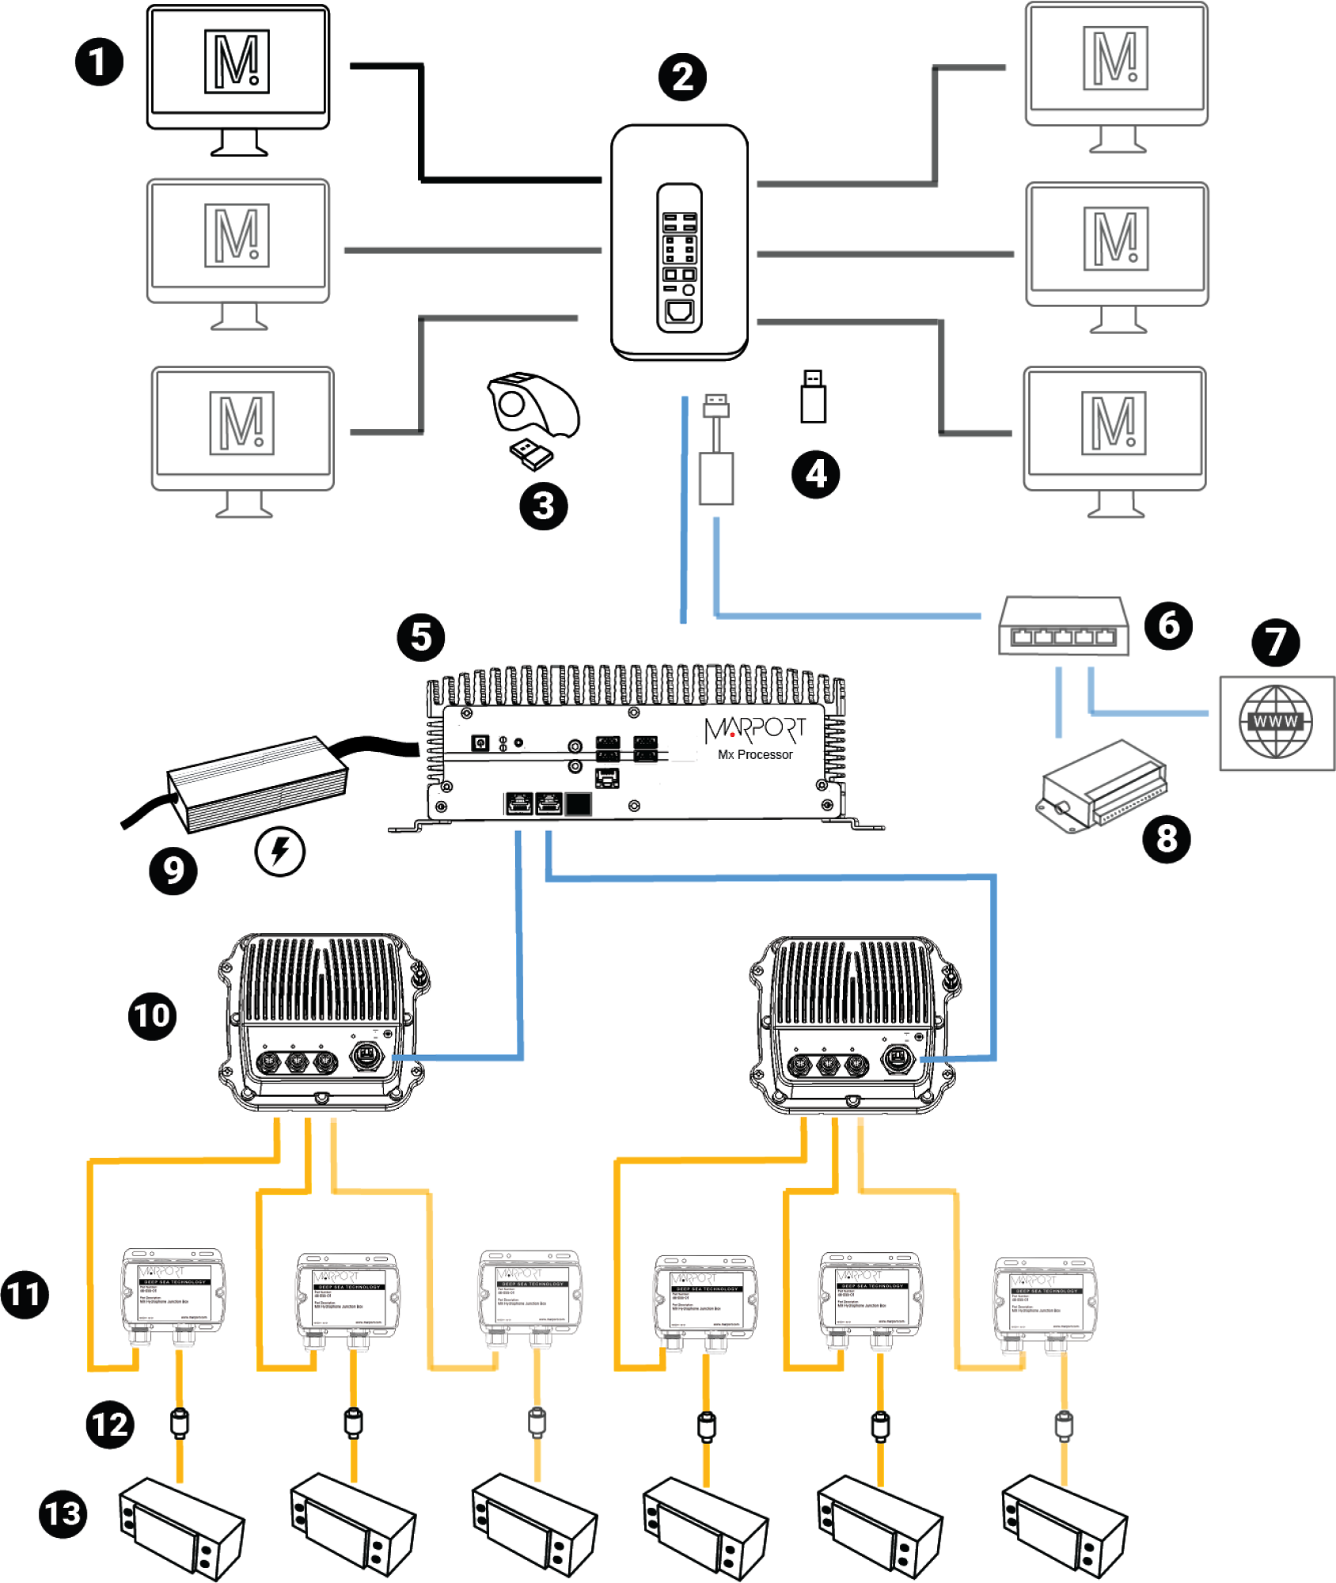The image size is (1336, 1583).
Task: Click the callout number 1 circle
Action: tap(99, 62)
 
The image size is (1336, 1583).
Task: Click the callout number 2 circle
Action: tap(682, 77)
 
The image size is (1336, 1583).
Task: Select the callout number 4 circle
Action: tap(815, 474)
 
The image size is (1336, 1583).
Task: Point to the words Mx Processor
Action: tap(755, 755)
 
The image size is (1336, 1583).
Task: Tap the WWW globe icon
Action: tap(1275, 722)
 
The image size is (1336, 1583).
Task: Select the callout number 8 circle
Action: tap(1167, 838)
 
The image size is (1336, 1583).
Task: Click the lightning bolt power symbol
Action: tap(279, 852)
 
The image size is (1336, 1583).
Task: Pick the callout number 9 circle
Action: tap(173, 871)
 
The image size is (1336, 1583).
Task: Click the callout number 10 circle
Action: tap(152, 1015)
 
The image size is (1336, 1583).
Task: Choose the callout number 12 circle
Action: tap(109, 1425)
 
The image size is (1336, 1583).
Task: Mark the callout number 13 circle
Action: tap(63, 1514)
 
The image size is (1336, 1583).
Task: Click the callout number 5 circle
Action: tap(421, 637)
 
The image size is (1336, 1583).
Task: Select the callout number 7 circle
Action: tap(1275, 642)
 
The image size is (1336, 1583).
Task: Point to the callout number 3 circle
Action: tap(543, 507)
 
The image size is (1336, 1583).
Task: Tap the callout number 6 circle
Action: tap(1168, 625)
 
